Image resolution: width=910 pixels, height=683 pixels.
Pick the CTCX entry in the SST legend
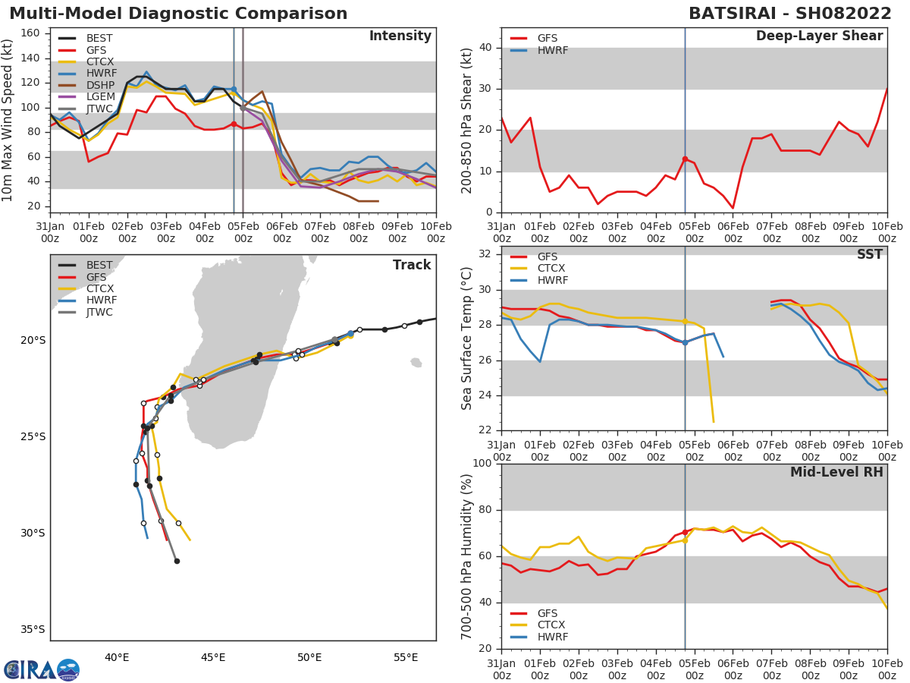coord(551,268)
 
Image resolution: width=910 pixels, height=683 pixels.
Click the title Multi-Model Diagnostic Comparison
coord(178,14)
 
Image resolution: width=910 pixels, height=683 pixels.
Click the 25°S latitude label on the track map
coord(33,436)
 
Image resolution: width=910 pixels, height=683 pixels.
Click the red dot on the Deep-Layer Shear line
coord(685,159)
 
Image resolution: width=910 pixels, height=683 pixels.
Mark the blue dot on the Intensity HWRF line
coord(234,90)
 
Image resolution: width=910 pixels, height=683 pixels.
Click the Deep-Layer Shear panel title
coord(819,36)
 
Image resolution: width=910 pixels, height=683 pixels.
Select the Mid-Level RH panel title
coord(836,472)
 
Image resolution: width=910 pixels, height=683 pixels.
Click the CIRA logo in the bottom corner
coord(42,670)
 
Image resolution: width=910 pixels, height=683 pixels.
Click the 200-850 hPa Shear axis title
coord(468,120)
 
